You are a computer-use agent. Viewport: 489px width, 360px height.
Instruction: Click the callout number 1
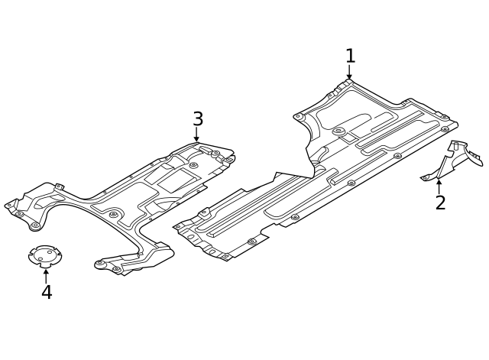pyautogui.click(x=350, y=56)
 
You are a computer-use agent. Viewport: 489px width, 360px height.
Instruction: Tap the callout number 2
pyautogui.click(x=440, y=203)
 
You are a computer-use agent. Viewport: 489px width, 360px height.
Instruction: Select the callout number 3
pyautogui.click(x=198, y=119)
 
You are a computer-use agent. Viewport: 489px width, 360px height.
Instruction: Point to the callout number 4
pyautogui.click(x=47, y=293)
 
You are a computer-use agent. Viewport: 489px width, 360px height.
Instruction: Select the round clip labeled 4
pyautogui.click(x=44, y=256)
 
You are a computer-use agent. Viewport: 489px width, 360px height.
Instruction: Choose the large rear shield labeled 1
pyautogui.click(x=329, y=168)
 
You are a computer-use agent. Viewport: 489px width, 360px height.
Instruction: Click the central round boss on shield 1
pyautogui.click(x=338, y=131)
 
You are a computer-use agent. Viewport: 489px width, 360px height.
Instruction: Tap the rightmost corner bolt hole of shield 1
pyautogui.click(x=445, y=128)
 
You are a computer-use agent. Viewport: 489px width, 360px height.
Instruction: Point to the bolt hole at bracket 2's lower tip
pyautogui.click(x=426, y=178)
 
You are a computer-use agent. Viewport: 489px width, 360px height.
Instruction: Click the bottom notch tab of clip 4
pyautogui.click(x=45, y=264)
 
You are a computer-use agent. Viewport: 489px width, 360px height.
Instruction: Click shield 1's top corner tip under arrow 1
pyautogui.click(x=348, y=83)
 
